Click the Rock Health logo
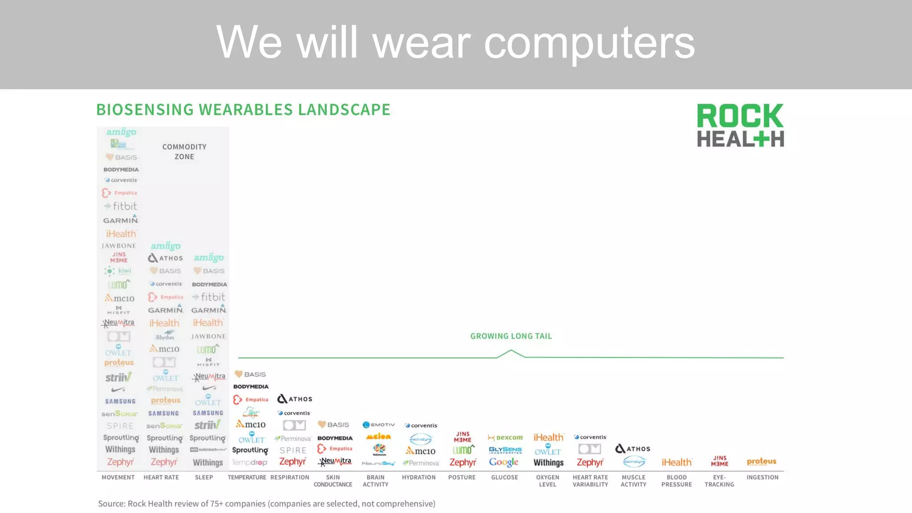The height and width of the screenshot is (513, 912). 740,125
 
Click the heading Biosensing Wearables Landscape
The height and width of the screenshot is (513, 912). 243,110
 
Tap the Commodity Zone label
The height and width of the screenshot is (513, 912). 184,151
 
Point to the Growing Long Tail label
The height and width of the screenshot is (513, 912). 511,336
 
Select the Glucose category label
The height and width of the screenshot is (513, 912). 505,477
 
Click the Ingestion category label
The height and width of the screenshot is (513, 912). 762,477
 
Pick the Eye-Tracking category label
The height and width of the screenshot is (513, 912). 719,481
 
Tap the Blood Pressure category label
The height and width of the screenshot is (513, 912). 676,481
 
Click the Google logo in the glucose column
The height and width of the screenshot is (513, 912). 504,462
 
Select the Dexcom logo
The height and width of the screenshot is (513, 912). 505,437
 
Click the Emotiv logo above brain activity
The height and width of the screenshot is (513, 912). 379,425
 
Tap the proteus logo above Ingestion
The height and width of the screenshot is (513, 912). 761,462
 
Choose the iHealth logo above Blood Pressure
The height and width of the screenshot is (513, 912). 676,463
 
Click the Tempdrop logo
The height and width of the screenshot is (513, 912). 249,463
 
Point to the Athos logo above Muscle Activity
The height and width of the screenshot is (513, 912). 633,449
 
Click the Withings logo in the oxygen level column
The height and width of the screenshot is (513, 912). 548,463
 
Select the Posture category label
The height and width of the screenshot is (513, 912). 462,477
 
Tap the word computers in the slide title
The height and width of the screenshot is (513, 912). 589,42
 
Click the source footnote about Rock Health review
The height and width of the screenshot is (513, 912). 266,504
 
